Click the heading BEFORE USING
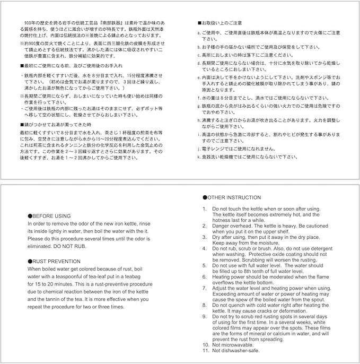click(51, 216)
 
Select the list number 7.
click(205, 288)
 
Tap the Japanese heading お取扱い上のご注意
click(222, 23)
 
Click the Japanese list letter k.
click(198, 157)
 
